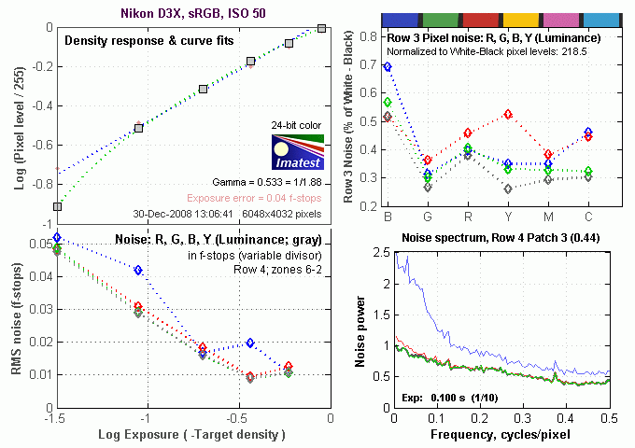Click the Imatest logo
pyautogui.click(x=297, y=150)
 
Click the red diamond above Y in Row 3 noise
pyautogui.click(x=508, y=114)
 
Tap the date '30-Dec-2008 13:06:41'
pyautogui.click(x=182, y=213)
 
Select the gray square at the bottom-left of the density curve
pyautogui.click(x=58, y=206)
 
